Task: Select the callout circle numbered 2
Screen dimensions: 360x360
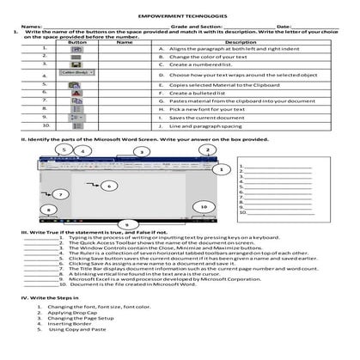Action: (x=208, y=149)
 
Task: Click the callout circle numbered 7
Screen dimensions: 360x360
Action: (x=36, y=195)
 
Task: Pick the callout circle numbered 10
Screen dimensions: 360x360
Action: (x=203, y=207)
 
